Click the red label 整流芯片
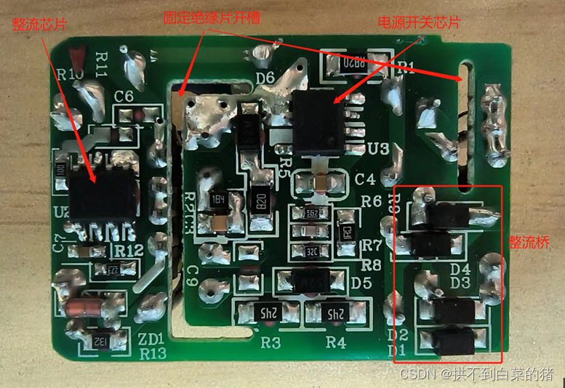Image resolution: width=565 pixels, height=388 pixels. (39, 24)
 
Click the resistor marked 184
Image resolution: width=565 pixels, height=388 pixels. (217, 198)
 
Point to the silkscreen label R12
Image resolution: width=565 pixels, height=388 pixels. (128, 250)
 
